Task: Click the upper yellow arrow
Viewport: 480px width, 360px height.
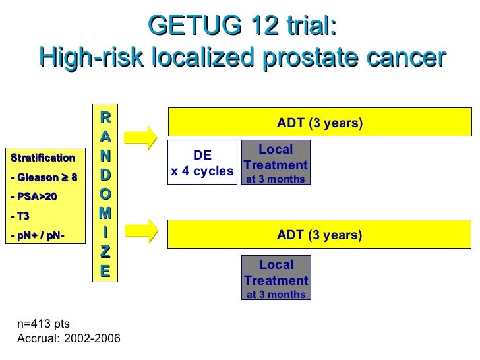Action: click(140, 137)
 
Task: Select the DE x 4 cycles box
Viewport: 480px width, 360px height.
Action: click(202, 162)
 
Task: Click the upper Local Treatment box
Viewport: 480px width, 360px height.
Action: click(276, 162)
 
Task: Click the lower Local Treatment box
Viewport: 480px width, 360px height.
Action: click(276, 278)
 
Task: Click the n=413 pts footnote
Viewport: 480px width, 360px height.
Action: click(43, 324)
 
